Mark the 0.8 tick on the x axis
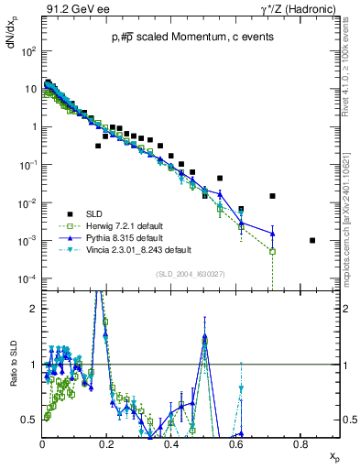(x=300, y=443)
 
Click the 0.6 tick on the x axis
(x=236, y=443)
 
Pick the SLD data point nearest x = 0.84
(x=312, y=241)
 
